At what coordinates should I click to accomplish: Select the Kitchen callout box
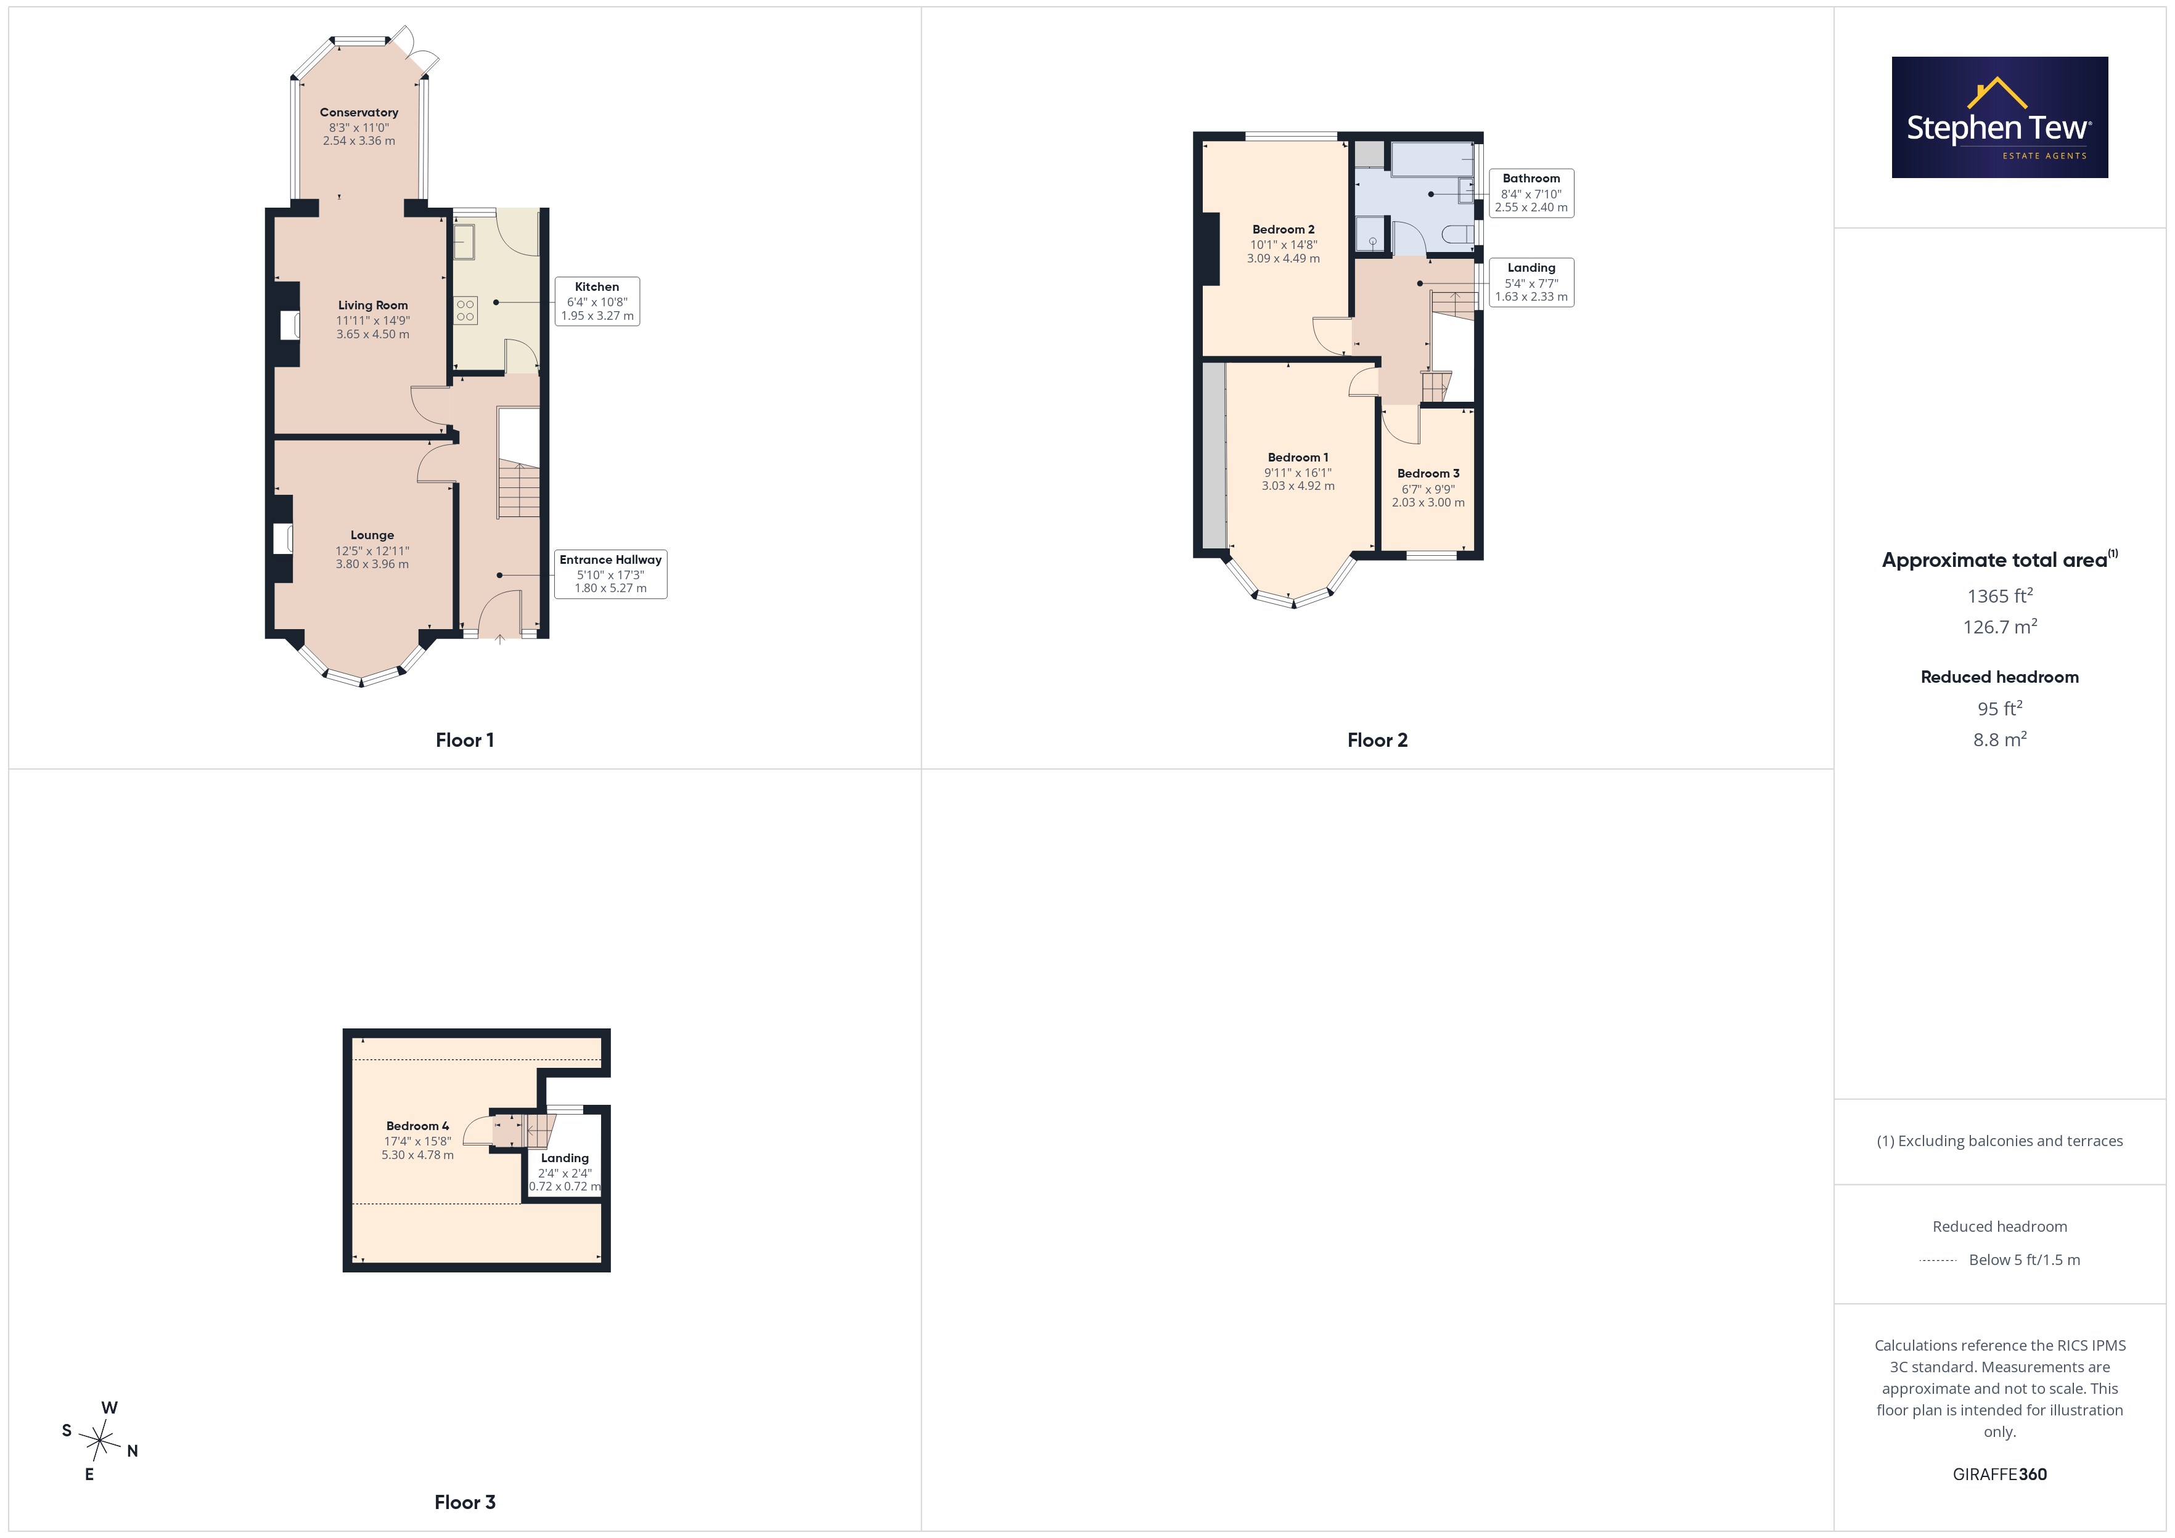[x=597, y=301]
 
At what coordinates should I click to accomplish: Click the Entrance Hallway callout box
[x=610, y=574]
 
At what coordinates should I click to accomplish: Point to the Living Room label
[x=373, y=305]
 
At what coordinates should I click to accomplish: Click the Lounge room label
[x=372, y=535]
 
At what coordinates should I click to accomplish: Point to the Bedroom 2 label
[x=1284, y=229]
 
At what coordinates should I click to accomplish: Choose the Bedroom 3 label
[x=1428, y=473]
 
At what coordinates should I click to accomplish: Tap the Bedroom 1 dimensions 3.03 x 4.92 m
[x=1298, y=486]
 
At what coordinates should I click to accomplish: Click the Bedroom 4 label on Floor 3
[x=418, y=1126]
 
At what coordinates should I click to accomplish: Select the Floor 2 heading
[x=1377, y=741]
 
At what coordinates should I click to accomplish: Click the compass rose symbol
[x=99, y=1441]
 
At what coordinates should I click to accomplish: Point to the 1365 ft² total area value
[x=2000, y=596]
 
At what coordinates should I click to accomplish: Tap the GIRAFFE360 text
[x=2000, y=1475]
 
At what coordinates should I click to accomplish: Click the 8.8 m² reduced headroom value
[x=2000, y=739]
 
